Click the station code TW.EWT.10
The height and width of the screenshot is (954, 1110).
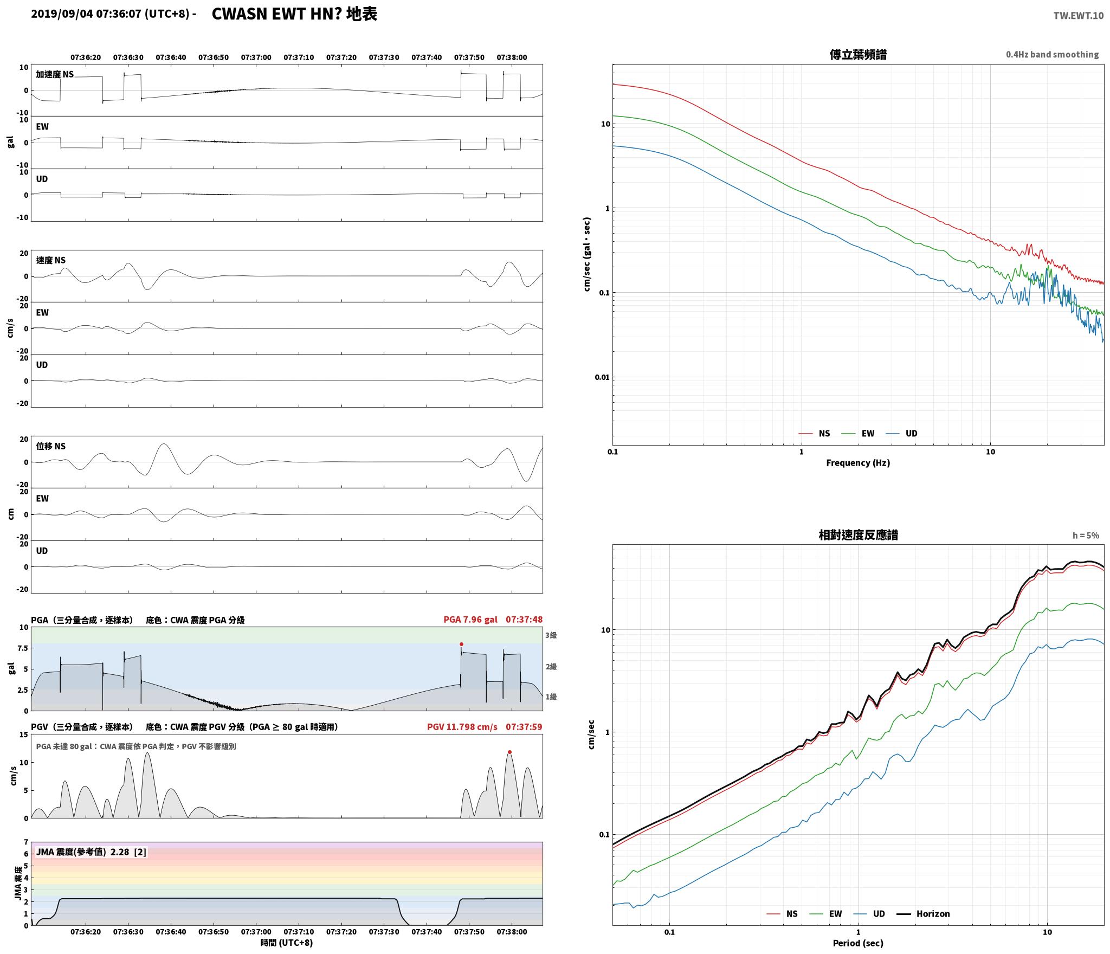point(1078,16)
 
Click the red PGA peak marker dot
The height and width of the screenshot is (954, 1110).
point(461,644)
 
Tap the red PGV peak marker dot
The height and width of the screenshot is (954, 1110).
point(509,752)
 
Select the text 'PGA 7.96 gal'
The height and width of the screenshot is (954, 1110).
point(470,619)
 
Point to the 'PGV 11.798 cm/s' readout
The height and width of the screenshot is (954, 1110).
point(462,726)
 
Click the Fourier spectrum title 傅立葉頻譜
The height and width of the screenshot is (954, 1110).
point(858,54)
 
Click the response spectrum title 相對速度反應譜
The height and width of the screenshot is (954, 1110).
point(858,535)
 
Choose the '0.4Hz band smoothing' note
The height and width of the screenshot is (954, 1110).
point(1052,54)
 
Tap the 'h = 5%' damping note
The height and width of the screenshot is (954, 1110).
point(1086,536)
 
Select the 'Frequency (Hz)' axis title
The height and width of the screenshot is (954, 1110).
point(858,462)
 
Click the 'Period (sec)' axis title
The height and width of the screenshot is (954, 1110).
point(858,943)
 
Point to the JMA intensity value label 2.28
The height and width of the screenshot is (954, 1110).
point(120,852)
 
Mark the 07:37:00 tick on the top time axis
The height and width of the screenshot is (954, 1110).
point(256,57)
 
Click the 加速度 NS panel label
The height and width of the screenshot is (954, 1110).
point(55,74)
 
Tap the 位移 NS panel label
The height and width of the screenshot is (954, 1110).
point(51,446)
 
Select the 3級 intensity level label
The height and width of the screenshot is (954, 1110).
point(551,635)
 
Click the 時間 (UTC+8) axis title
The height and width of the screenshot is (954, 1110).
point(286,943)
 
